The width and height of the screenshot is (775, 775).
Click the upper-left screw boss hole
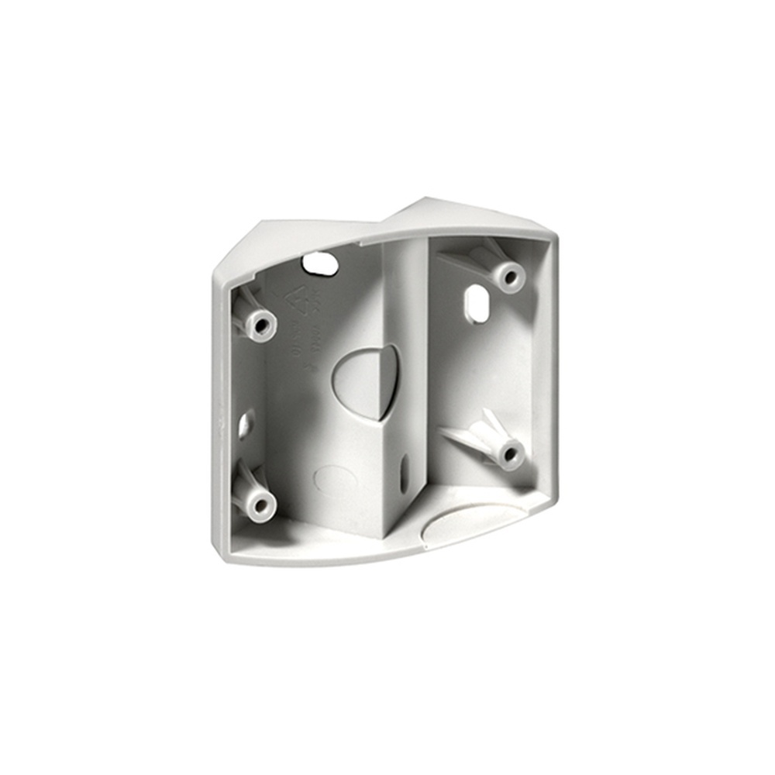[x=261, y=322]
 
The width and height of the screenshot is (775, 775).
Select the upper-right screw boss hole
[x=508, y=275]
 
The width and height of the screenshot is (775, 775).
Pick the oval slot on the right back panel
[x=475, y=302]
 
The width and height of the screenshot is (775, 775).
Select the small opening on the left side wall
[x=246, y=422]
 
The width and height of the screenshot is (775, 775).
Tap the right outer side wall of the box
[x=549, y=364]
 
